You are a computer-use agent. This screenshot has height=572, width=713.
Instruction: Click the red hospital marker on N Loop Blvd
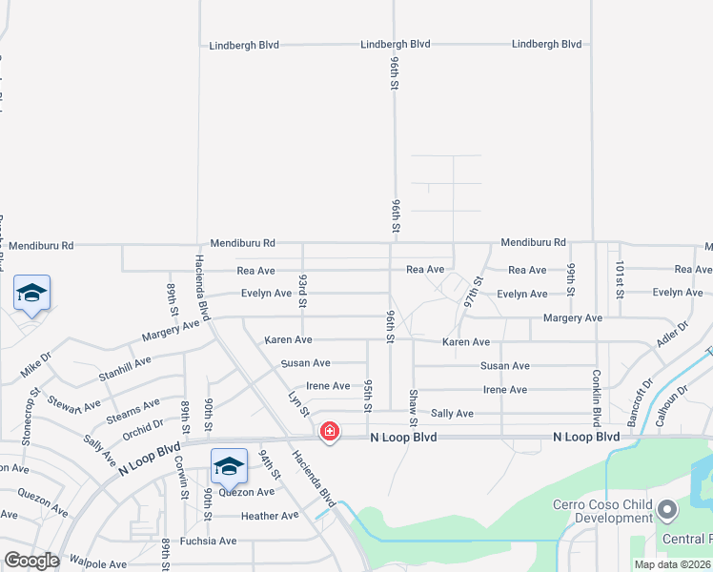click(x=330, y=432)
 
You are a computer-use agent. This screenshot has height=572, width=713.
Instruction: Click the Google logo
click(x=31, y=562)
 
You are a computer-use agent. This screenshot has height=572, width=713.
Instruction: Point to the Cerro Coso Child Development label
click(x=602, y=511)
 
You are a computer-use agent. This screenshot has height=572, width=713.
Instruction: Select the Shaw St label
click(x=413, y=407)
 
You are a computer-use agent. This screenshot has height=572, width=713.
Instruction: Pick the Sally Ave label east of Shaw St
click(x=452, y=414)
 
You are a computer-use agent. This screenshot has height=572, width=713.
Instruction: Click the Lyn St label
click(x=299, y=403)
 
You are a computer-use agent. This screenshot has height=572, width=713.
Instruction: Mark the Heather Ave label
click(x=270, y=516)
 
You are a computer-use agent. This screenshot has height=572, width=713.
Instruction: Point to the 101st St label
click(x=619, y=277)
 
